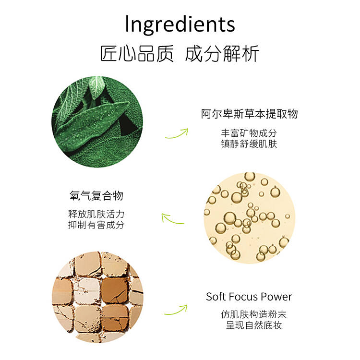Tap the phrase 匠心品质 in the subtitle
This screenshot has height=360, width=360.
click(x=137, y=54)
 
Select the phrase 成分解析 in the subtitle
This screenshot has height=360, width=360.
click(x=222, y=54)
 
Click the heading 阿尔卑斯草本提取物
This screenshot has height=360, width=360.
click(x=249, y=114)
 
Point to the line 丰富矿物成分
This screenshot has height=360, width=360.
click(x=249, y=133)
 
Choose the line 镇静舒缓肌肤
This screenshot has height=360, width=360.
click(x=249, y=144)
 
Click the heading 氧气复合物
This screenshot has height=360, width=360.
click(x=96, y=196)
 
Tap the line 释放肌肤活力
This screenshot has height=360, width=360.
click(x=96, y=214)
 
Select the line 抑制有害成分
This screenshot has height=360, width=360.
click(x=96, y=225)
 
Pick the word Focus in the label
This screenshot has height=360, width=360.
click(x=243, y=297)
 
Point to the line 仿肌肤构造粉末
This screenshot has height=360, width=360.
click(x=254, y=314)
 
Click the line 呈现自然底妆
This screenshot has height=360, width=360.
click(x=254, y=325)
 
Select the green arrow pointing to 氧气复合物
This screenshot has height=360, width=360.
click(x=172, y=219)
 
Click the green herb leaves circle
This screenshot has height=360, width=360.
click(x=97, y=122)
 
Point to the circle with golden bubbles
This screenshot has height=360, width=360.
click(x=249, y=217)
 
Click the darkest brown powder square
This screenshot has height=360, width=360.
click(x=115, y=290)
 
